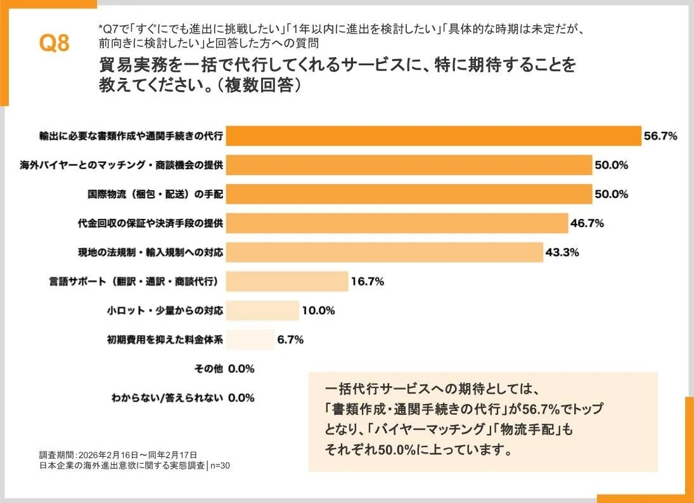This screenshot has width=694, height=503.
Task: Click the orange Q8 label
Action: (54, 44)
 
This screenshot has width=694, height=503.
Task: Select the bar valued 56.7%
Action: (434, 136)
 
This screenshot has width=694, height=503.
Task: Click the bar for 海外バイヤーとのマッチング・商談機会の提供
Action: (409, 165)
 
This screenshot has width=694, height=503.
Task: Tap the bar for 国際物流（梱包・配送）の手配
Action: (409, 194)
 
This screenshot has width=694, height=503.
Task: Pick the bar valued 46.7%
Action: (397, 223)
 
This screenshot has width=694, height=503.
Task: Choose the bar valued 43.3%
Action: (384, 252)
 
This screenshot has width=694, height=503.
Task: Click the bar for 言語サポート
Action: (287, 281)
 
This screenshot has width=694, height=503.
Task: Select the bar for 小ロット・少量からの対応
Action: (262, 310)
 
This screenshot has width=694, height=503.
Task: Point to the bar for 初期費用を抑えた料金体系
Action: (250, 339)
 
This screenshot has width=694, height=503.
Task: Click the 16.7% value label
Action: (368, 281)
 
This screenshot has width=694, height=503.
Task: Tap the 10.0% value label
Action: (318, 310)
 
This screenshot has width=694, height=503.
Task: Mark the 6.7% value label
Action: (290, 339)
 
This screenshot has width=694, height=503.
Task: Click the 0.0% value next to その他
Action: (241, 368)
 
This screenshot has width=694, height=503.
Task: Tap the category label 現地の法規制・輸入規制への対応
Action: (145, 252)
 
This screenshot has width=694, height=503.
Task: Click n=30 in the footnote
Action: (219, 466)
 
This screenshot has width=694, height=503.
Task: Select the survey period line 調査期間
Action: (118, 455)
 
